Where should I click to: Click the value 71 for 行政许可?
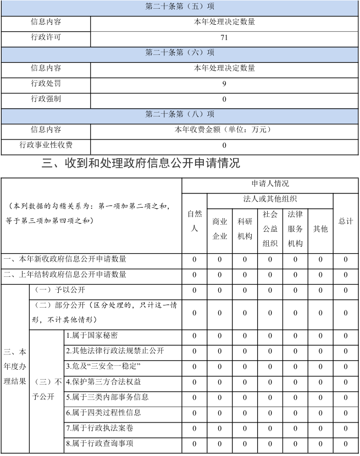tap(224, 38)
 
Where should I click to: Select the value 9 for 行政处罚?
tap(224, 84)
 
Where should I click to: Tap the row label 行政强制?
tap(46, 99)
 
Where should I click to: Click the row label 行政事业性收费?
tap(46, 146)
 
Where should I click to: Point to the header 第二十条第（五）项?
tap(179, 7)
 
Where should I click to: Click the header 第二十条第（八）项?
tap(179, 115)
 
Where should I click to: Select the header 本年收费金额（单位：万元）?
tap(224, 130)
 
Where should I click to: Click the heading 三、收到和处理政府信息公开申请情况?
tap(141, 163)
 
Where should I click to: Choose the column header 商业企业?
tap(219, 229)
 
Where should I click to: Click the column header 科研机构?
tap(245, 229)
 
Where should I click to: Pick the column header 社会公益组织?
tap(270, 229)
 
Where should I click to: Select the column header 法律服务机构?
tap(295, 229)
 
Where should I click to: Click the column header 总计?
tap(346, 221)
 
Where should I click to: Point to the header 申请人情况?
tap(270, 184)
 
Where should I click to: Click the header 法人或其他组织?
tap(270, 199)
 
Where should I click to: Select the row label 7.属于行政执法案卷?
tap(99, 428)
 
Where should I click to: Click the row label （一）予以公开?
tap(60, 290)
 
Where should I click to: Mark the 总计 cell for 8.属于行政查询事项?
tap(346, 443)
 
